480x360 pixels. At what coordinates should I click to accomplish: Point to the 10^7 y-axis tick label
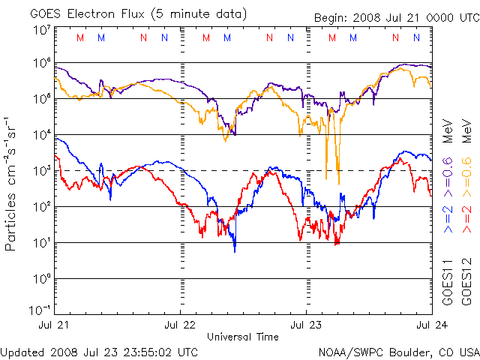point(41,31)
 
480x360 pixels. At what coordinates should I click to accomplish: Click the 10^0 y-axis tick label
point(41,278)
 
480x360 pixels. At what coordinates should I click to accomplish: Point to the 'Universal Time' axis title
point(243,337)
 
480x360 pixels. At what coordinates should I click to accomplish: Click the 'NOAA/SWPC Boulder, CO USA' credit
point(397,352)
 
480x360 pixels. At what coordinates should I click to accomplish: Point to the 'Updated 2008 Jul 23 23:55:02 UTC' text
point(100,352)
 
